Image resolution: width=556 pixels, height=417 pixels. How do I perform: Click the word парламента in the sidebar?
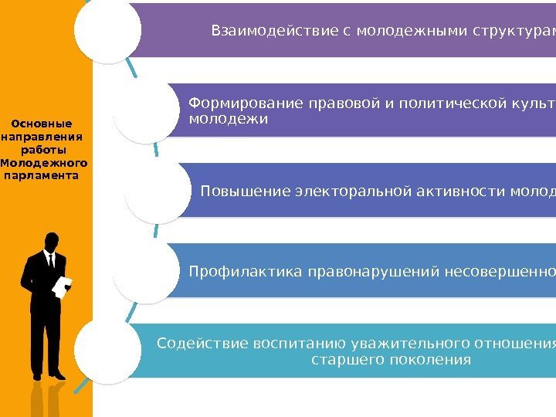42,175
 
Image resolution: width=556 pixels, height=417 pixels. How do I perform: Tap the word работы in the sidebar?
43,150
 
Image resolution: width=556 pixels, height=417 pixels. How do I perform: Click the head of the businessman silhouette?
52,240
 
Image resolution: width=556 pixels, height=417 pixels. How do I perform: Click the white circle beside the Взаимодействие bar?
108,31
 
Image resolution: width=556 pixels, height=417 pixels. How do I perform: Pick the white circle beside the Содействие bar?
108,351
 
